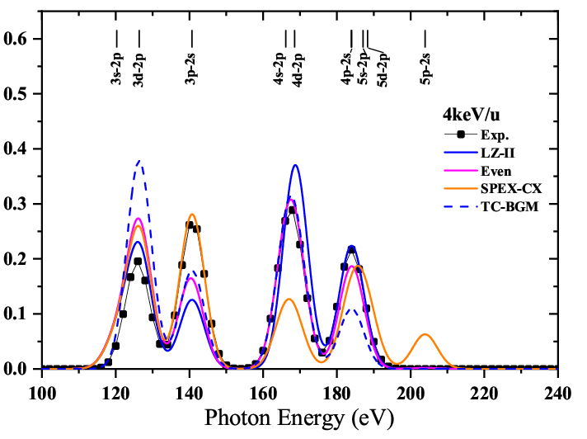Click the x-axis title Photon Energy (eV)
click(x=300, y=418)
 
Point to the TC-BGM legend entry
click(x=510, y=206)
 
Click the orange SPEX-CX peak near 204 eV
click(x=425, y=334)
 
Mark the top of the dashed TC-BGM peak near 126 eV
click(x=139, y=161)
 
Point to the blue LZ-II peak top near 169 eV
click(x=294, y=165)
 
